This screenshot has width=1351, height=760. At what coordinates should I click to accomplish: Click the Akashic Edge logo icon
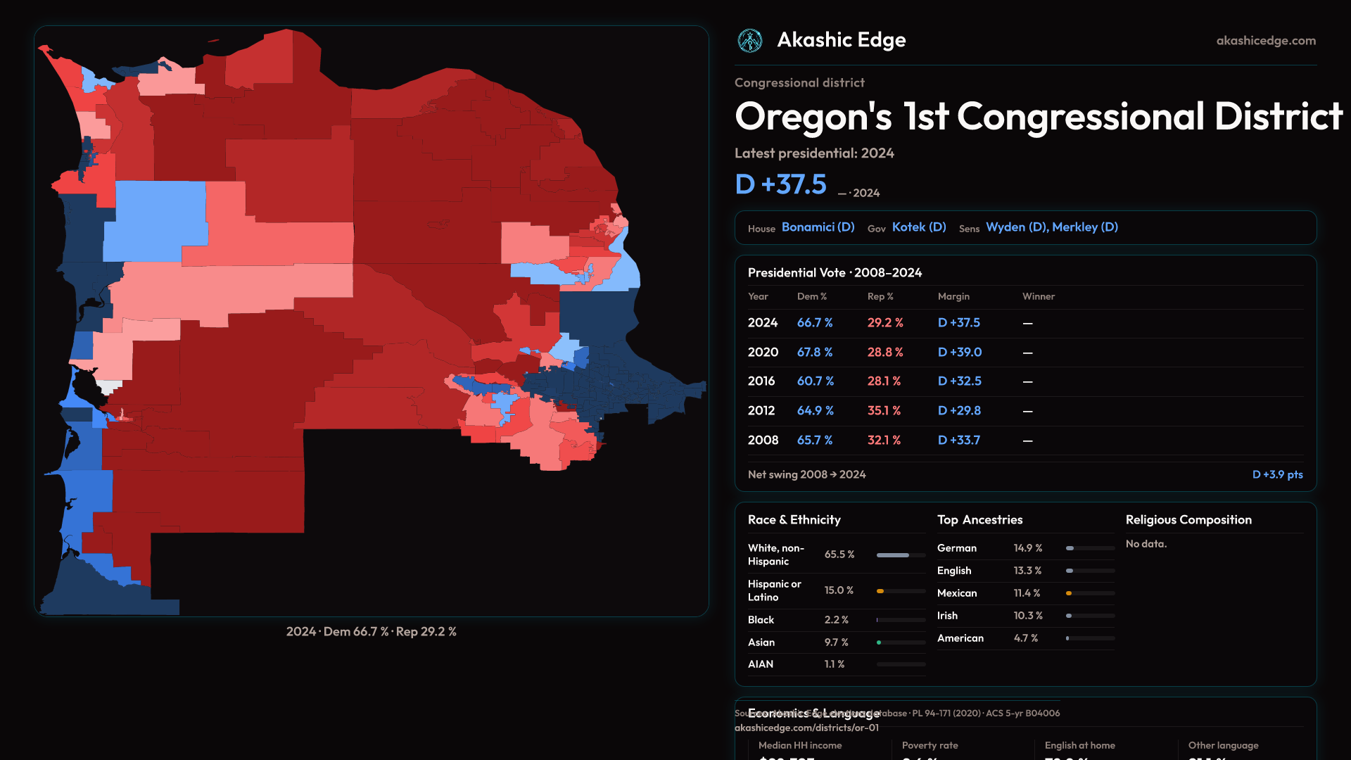[750, 41]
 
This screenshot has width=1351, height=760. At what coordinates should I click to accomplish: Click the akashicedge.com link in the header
[1266, 41]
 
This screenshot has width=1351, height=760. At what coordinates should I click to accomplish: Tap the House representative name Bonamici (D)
[818, 227]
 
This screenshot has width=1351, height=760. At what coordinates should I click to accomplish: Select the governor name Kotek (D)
[919, 227]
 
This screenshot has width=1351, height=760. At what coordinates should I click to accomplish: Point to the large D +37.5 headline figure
[780, 184]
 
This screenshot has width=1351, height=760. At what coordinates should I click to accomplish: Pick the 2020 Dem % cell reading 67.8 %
[815, 352]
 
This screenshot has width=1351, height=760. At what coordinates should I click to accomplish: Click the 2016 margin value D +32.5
[959, 381]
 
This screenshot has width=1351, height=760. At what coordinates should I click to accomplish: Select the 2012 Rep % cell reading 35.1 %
[884, 410]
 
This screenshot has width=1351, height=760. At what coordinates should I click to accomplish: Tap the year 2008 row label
[763, 440]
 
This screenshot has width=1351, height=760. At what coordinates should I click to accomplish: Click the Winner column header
[1038, 296]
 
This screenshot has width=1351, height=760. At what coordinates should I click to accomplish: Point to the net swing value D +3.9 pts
[1277, 474]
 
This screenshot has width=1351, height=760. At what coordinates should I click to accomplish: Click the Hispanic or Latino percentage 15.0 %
[839, 590]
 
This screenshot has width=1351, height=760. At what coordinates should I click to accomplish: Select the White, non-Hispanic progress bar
[901, 555]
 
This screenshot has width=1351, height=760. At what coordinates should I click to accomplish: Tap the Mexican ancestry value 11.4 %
[1027, 593]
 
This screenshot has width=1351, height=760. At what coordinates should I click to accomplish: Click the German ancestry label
[956, 548]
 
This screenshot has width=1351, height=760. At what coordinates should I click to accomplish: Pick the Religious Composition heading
[1188, 520]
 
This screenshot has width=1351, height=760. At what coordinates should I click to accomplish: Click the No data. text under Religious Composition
[1146, 544]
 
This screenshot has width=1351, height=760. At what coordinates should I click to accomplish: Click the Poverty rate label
[930, 745]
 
